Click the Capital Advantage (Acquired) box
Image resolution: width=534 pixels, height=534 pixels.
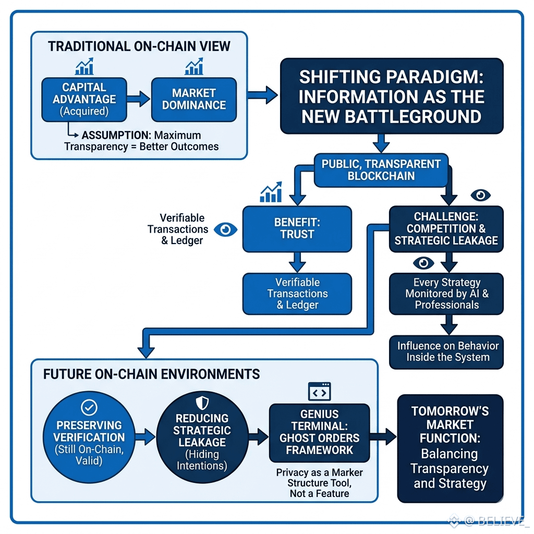point(84,100)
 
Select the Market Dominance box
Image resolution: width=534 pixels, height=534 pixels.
point(194,100)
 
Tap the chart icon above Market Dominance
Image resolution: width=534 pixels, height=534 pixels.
point(194,66)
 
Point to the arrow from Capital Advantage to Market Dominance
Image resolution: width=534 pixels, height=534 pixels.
point(139,99)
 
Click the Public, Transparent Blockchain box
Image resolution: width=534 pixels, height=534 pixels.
point(381,170)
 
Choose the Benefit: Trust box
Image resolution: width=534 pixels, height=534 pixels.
point(297,229)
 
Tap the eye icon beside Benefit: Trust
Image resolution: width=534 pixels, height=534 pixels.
point(225,229)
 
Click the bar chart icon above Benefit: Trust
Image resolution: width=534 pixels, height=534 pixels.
point(271,192)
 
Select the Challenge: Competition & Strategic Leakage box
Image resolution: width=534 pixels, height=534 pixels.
point(446,229)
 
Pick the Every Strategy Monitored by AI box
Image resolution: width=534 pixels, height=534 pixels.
point(446,294)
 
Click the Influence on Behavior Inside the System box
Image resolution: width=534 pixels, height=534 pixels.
point(446,352)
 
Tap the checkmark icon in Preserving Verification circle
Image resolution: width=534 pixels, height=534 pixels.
point(89,407)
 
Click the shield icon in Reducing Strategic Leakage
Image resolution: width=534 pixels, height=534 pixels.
point(202,403)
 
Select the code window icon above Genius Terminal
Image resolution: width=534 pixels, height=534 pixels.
point(320,391)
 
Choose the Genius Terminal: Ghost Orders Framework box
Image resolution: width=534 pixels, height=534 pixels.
point(320,432)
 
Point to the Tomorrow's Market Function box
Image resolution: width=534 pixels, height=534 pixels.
point(450,448)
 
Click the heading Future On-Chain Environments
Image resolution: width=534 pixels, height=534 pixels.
point(152,374)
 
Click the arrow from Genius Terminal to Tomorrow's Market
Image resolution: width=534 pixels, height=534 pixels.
point(383,436)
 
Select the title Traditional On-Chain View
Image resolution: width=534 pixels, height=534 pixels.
point(139,46)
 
